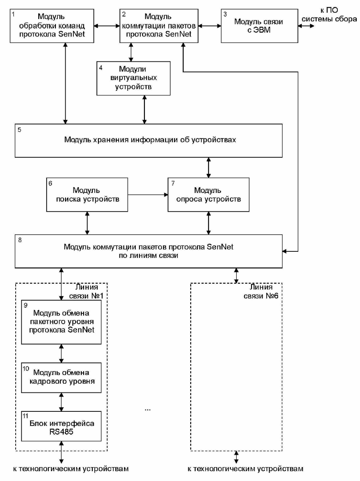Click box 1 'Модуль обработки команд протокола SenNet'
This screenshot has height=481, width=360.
52,26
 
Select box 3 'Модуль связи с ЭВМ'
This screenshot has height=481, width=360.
259,26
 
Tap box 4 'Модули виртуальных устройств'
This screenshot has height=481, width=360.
133,78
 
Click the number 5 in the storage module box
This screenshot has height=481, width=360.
19,130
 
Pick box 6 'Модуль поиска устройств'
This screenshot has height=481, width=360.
87,195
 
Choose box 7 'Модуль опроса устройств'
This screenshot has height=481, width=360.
209,195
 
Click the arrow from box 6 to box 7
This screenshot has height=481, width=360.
148,195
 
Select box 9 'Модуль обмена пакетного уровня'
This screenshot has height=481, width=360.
61,322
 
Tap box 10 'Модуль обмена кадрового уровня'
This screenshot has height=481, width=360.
61,378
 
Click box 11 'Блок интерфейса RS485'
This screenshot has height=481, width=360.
61,426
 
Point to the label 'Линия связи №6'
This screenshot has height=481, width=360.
261,291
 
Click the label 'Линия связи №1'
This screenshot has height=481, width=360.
86,291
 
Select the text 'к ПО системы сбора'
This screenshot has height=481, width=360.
329,14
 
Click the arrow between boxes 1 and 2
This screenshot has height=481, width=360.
107,26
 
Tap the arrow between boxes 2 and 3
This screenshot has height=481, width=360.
210,26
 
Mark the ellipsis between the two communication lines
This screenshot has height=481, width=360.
148,410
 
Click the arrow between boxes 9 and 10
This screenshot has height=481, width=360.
61,353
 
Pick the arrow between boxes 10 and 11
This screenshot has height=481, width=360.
61,402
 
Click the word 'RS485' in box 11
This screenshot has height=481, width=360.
61,432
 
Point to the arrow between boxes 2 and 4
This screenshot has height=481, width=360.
131,52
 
